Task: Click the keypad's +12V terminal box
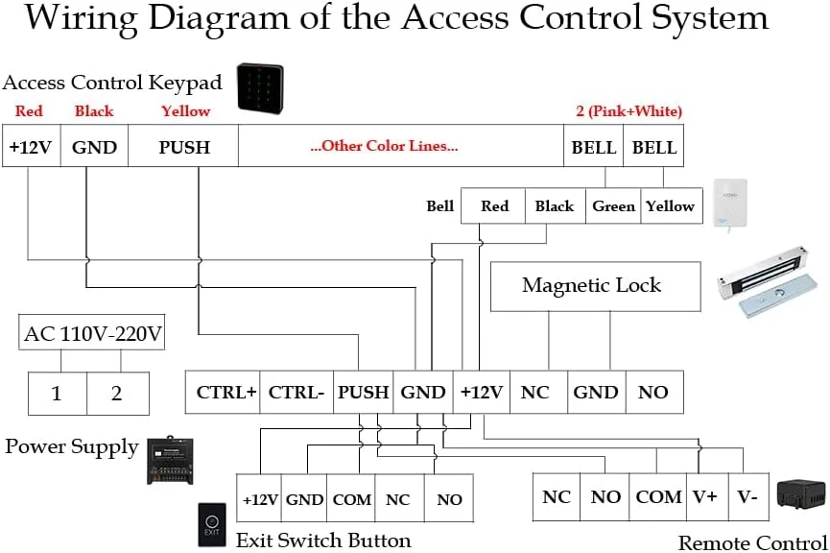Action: pos(31,148)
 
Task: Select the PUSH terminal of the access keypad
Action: pos(183,148)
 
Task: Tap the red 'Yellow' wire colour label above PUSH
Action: pos(184,111)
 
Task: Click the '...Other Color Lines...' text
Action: pos(384,147)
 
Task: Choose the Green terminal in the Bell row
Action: pos(613,206)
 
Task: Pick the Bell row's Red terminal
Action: pos(494,206)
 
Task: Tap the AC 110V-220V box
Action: pos(92,335)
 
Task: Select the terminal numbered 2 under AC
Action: pos(117,393)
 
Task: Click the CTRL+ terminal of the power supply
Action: pos(226,393)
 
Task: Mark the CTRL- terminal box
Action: pos(296,393)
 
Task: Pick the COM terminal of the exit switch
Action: pos(351,499)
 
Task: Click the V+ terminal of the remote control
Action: pos(704,497)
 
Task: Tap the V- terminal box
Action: pos(747,497)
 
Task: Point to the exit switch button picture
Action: pos(211,524)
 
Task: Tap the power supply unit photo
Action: pos(170,460)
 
